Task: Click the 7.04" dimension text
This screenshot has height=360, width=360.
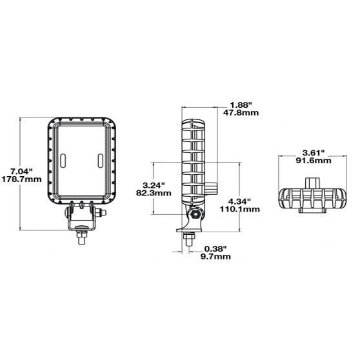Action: [x=21, y=171]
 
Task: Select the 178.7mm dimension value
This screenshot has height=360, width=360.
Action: [x=21, y=179]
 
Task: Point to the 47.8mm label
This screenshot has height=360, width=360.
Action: [x=241, y=113]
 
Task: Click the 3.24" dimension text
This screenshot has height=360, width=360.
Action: [x=154, y=185]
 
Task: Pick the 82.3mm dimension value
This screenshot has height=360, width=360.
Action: [x=154, y=193]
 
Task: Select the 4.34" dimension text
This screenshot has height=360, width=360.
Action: [x=239, y=201]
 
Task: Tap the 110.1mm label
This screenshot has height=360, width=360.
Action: [x=240, y=210]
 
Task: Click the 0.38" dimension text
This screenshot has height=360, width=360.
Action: [x=215, y=248]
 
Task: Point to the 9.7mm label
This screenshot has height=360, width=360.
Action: [x=215, y=257]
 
